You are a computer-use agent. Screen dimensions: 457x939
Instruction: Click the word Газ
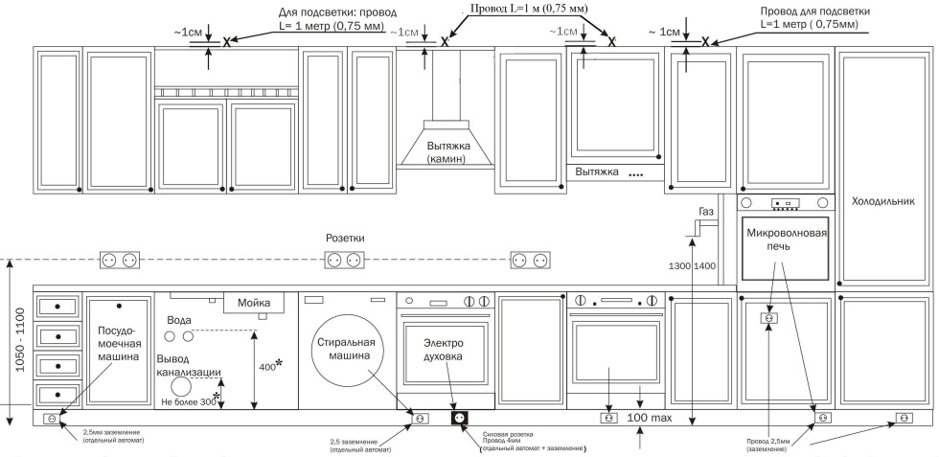pos(707,211)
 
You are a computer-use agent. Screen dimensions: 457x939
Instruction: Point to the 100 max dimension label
pos(650,419)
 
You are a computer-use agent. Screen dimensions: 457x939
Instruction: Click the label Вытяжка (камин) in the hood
pos(433,152)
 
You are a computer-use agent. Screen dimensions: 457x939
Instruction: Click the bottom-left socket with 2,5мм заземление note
pos(50,419)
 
